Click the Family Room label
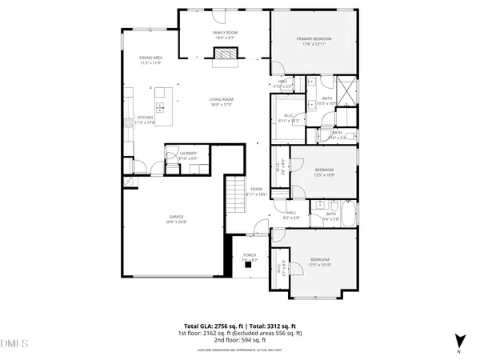tap(225, 33)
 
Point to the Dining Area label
tap(151, 58)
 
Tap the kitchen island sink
tap(161, 105)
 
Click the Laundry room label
tap(188, 153)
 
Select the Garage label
tap(176, 217)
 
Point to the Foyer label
tap(256, 189)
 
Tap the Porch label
tap(250, 256)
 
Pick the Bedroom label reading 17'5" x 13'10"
tap(320, 261)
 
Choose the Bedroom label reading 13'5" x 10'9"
tap(324, 170)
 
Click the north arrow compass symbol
tap(458, 340)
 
